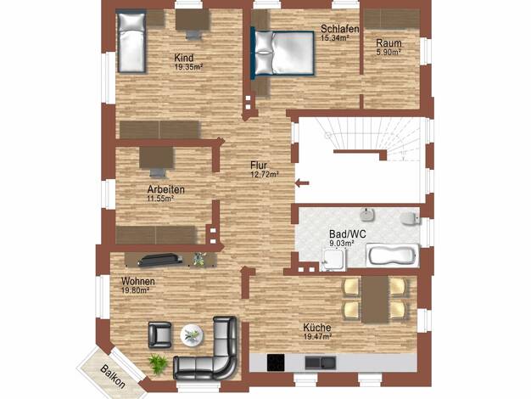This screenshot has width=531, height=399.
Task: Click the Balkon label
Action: (113, 377)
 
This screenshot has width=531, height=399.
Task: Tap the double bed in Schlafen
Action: (282, 53)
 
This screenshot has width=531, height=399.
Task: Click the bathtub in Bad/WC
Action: (393, 255)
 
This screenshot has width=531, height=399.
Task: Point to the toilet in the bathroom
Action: (410, 219)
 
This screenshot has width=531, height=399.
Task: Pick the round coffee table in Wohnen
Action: (192, 335)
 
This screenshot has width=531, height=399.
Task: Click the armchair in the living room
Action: (159, 335)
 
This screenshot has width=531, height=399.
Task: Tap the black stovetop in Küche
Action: (276, 362)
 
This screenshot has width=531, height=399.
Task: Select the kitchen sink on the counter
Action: (321, 362)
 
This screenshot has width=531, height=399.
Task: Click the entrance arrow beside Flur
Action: (302, 183)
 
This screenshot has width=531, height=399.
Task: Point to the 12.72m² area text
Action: (264, 174)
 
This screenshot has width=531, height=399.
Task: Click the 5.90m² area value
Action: (388, 52)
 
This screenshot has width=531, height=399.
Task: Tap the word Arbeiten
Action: (166, 189)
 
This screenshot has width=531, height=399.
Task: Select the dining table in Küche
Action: (375, 300)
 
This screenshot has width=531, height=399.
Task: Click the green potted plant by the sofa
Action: (158, 363)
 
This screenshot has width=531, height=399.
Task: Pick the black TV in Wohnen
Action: (159, 260)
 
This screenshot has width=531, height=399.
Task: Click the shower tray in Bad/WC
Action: (333, 260)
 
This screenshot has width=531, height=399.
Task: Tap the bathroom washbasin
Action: (367, 215)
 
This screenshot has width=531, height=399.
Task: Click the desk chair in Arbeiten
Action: (158, 172)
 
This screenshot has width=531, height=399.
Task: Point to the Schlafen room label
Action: (339, 29)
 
